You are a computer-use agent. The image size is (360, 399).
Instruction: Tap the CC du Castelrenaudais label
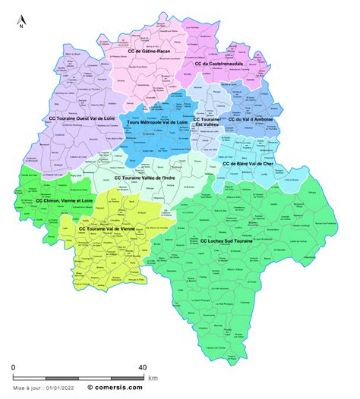(x=218, y=64)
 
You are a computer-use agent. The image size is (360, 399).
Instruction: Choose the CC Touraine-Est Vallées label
(x=207, y=123)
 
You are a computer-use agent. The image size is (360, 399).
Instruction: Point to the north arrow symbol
(x=22, y=17)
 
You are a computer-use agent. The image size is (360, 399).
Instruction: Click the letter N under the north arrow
(x=22, y=27)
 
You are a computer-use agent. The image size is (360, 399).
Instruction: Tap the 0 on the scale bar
(x=13, y=368)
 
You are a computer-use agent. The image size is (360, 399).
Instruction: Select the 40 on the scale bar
(x=142, y=368)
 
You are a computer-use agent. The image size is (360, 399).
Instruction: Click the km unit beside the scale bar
(x=153, y=377)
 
